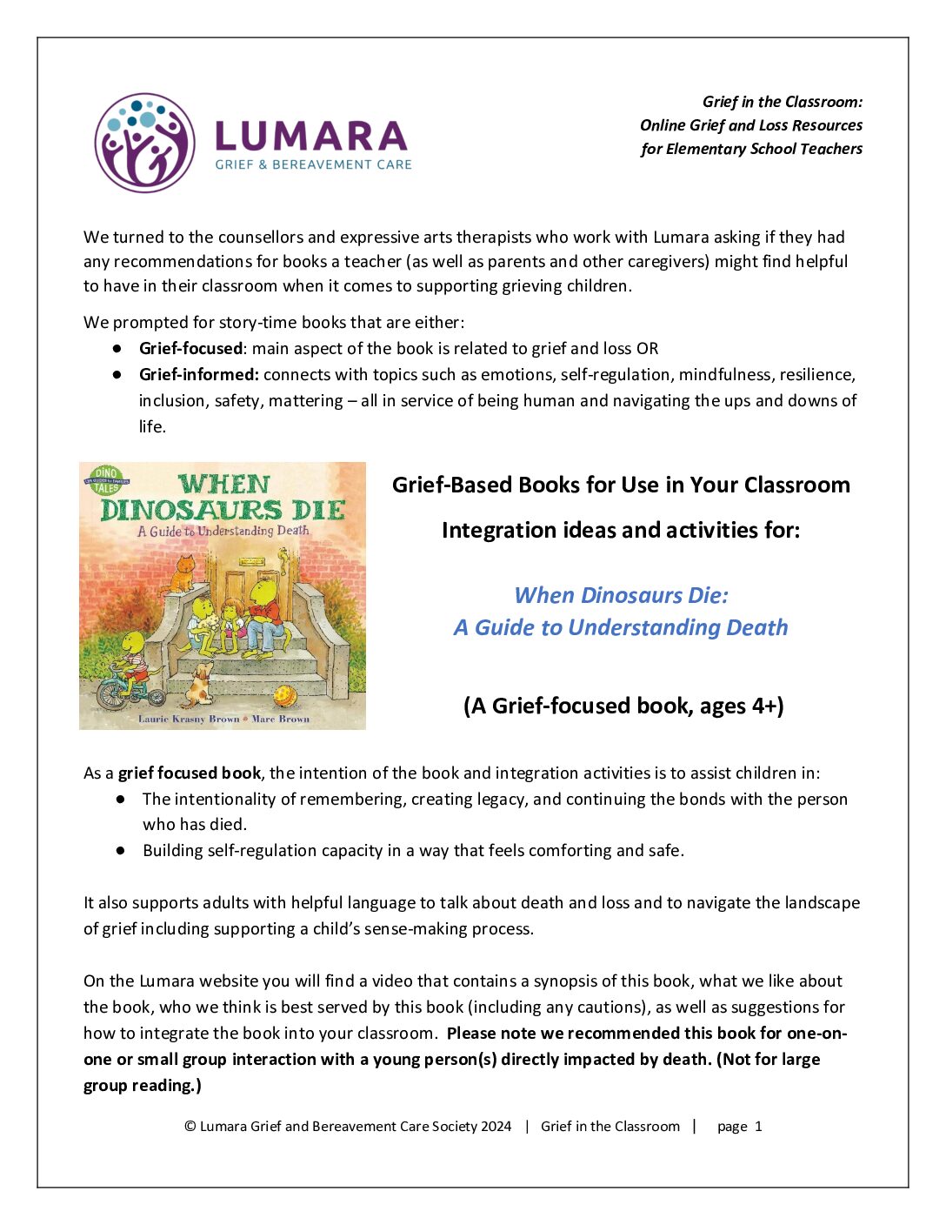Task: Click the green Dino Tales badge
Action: [105, 480]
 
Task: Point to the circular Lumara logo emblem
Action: [144, 143]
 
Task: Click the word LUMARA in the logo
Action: [310, 136]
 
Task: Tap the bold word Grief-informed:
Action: [199, 375]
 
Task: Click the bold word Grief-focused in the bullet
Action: [190, 349]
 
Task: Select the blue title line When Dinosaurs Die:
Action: [621, 595]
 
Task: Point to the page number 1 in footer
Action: [758, 1127]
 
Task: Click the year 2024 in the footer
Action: [496, 1127]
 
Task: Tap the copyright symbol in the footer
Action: [190, 1127]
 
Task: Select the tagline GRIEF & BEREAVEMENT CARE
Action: [313, 164]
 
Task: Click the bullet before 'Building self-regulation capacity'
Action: [121, 850]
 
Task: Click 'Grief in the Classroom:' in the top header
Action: [782, 102]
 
